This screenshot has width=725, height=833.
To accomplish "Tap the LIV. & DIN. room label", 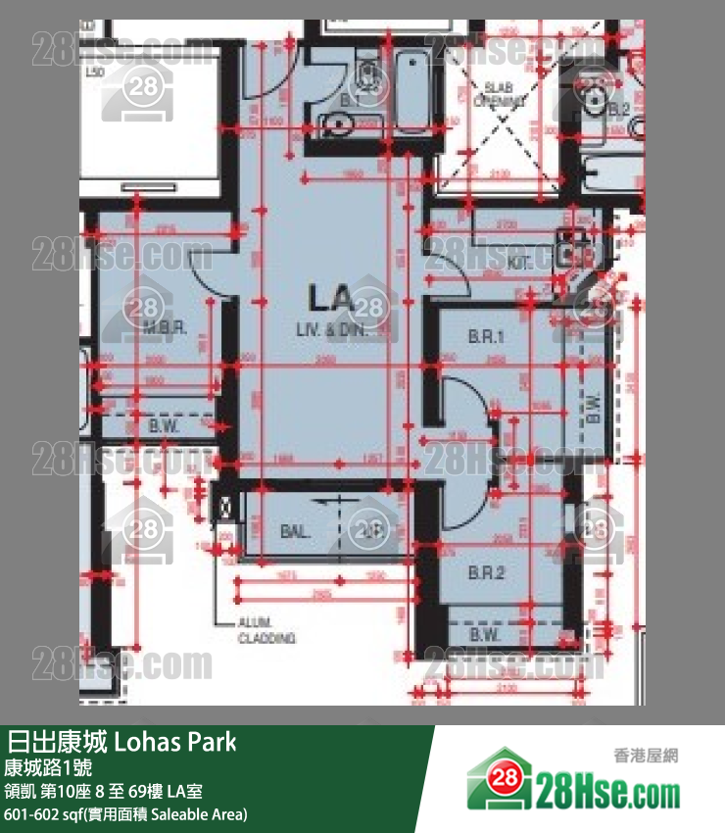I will tap(330, 330).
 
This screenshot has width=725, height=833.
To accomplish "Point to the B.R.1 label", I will tap(487, 337).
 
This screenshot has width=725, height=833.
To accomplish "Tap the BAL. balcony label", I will tap(295, 532).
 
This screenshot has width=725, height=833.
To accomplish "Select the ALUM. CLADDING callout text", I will tap(267, 630).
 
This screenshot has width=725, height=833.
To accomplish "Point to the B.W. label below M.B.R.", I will tap(162, 426).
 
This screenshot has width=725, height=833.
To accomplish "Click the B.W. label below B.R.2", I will tap(485, 635).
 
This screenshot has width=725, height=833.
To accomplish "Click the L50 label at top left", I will tap(95, 73).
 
